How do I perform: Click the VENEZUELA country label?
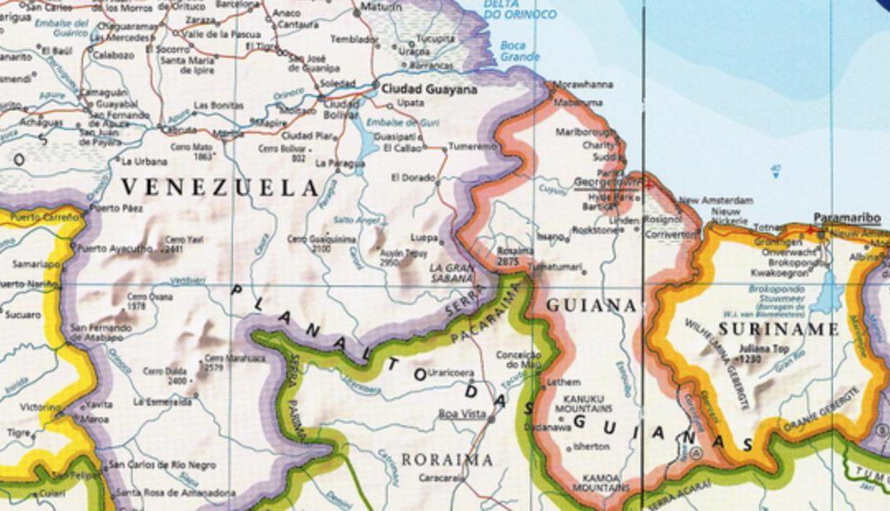[220, 188]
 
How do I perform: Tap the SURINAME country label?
[778, 330]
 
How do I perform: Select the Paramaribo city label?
[846, 218]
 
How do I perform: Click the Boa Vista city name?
[462, 414]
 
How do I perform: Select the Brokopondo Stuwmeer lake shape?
[827, 294]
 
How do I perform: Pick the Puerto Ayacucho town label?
[115, 247]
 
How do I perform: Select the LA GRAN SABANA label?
[452, 273]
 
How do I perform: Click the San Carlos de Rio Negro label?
[162, 465]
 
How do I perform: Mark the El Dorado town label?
[413, 177]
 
